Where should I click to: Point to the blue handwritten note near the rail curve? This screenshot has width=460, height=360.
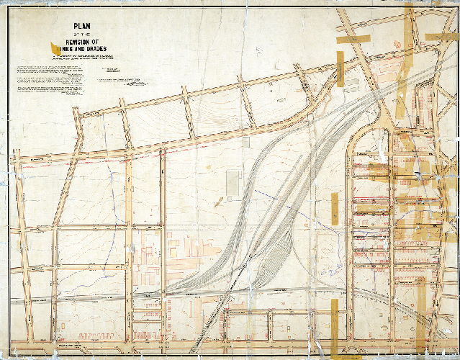click(332, 271)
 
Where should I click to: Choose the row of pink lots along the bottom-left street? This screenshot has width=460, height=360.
click(148, 306)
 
